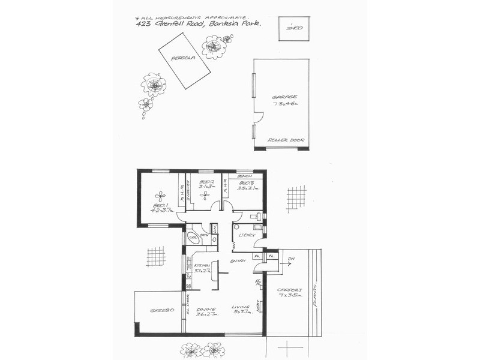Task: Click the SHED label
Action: tap(294, 28)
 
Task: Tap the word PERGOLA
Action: tap(181, 58)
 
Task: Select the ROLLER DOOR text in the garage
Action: tap(286, 140)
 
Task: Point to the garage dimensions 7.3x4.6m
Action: tap(285, 103)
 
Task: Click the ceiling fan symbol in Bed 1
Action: tap(160, 195)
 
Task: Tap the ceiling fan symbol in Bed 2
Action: tap(205, 194)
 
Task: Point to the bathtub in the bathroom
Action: tap(193, 237)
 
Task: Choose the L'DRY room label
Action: tap(247, 235)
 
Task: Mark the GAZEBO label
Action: tap(161, 310)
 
